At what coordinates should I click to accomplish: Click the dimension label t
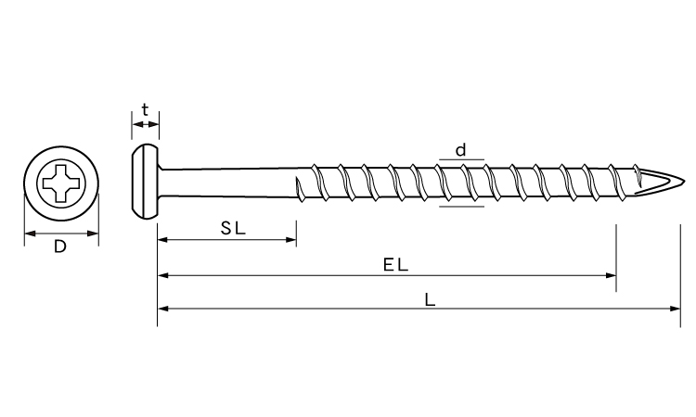pos(145,109)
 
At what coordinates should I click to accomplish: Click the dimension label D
pos(60,246)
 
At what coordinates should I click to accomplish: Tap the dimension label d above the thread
pos(461,150)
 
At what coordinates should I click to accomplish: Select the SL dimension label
pos(233,228)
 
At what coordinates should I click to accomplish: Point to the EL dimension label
pos(395,265)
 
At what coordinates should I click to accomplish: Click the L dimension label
pos(430,300)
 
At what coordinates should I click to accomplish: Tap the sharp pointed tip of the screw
pos(685,182)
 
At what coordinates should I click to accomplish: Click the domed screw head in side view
pos(145,182)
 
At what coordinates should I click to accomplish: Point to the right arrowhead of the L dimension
pos(675,309)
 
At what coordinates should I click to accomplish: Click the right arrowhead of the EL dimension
pos(611,275)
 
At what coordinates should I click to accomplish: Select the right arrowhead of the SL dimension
pos(291,240)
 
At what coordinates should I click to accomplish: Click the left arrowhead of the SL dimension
pos(163,240)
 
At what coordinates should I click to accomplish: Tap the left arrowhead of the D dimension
pos(30,234)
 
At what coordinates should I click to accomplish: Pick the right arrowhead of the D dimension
pos(93,234)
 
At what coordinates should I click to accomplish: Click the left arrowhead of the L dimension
pos(163,309)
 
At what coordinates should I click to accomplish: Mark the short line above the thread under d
pos(461,159)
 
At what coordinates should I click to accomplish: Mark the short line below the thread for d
pos(461,206)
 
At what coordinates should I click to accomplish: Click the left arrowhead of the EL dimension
pos(163,275)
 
